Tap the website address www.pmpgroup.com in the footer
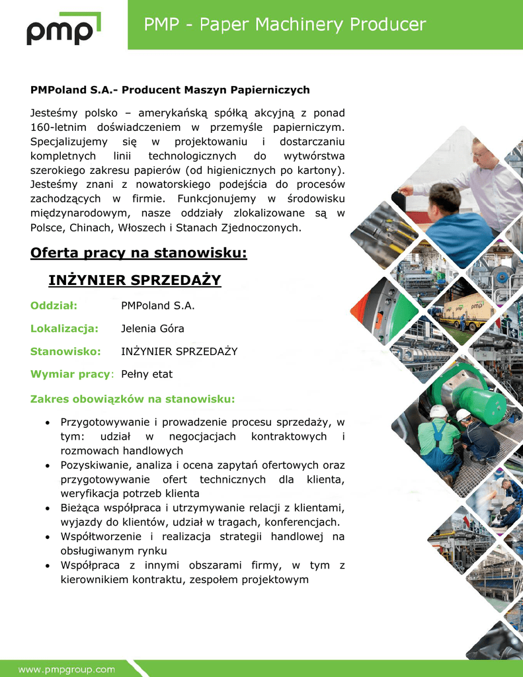66,669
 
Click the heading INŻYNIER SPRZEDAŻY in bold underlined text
135,280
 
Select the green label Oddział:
54,305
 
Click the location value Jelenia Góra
153,329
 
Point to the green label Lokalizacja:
65,329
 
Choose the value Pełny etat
147,374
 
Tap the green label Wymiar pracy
69,374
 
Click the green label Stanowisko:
65,351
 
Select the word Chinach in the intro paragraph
92,227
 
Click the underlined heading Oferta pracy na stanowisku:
139,253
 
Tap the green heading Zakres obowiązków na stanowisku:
133,399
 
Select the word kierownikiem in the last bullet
93,580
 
